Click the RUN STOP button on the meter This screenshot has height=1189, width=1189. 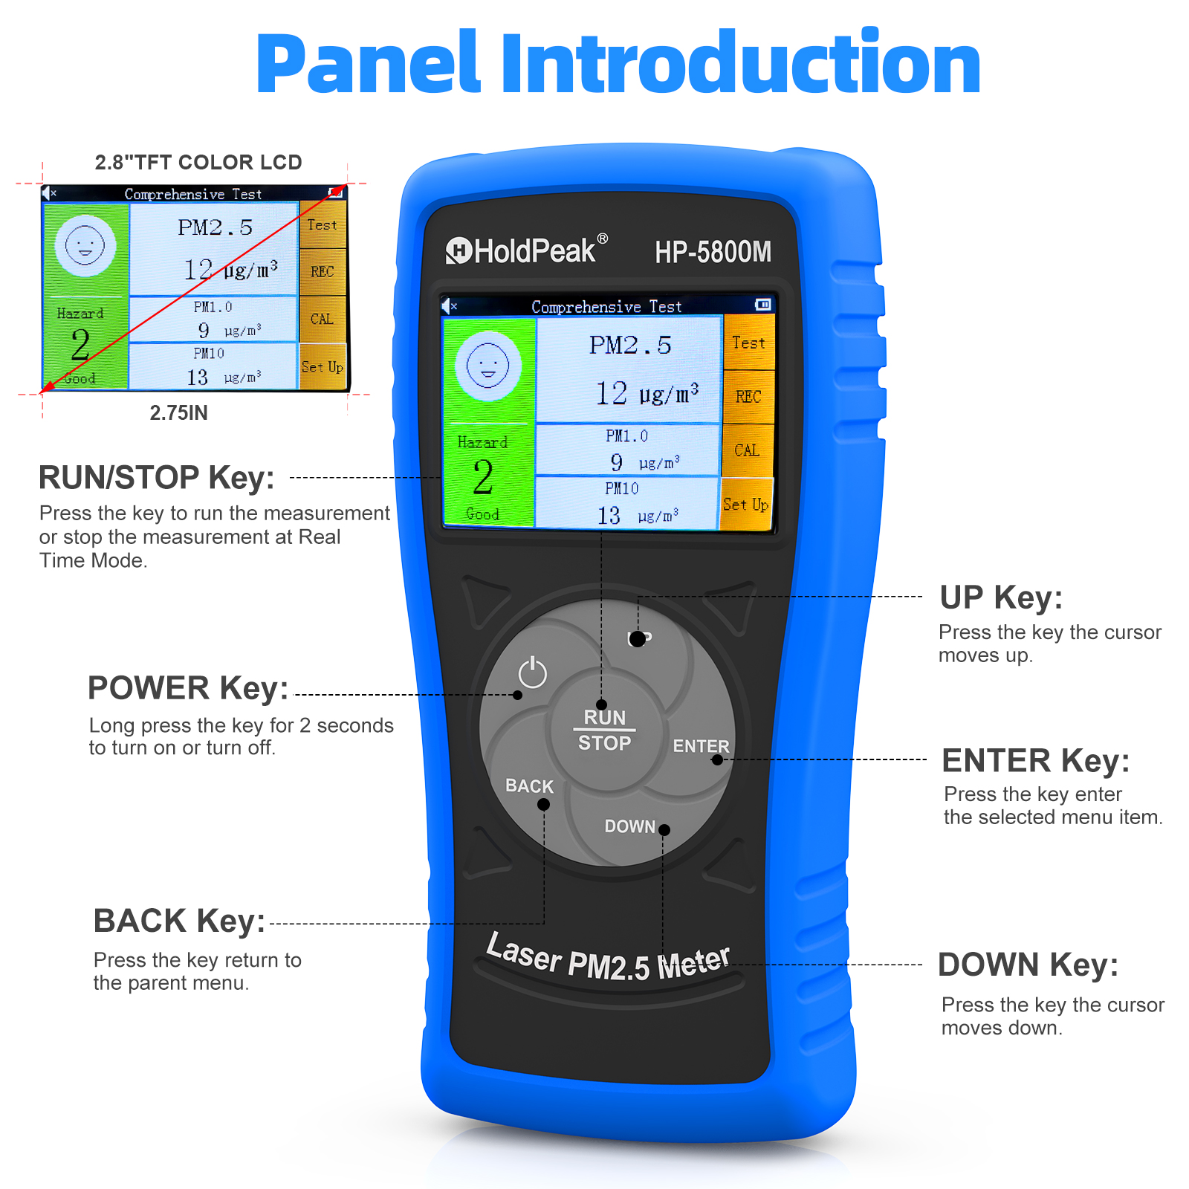point(605,730)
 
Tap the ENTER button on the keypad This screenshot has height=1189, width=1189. point(701,745)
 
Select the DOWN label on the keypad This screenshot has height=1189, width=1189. point(630,826)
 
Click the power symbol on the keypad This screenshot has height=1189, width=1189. point(532,673)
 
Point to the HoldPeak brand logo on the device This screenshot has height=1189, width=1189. point(527,250)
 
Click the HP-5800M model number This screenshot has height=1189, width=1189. point(713,252)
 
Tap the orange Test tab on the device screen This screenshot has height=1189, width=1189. point(749,343)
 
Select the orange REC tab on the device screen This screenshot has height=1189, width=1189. point(749,397)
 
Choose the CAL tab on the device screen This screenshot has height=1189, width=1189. point(748,450)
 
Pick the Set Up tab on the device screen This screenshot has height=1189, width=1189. point(746,505)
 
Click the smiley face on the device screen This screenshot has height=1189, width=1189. point(488,366)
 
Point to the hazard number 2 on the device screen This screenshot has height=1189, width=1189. point(483,477)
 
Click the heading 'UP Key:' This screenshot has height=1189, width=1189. point(1001,597)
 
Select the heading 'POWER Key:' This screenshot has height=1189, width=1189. point(188,688)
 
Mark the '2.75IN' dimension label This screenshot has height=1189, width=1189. point(178,413)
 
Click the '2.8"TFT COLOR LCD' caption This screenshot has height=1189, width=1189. point(198,162)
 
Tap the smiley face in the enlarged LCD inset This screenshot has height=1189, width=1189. point(85,246)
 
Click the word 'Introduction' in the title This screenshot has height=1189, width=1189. point(742,64)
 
